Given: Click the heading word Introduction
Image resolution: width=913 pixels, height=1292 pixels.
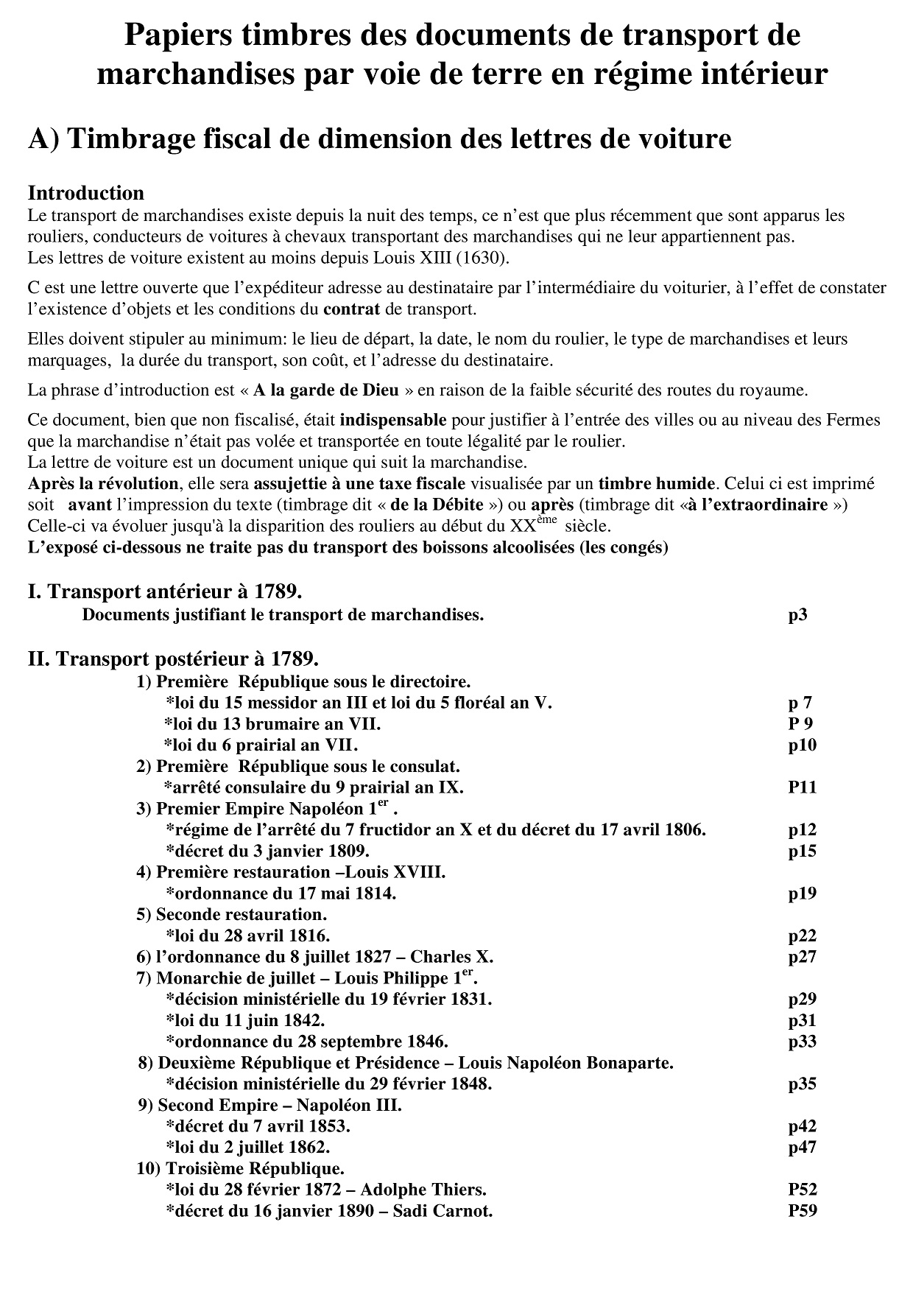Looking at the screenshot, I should pyautogui.click(x=85, y=193).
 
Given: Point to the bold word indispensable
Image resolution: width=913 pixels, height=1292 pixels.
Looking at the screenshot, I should pyautogui.click(x=393, y=421).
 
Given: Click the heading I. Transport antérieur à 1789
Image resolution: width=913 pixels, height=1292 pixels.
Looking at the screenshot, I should pyautogui.click(x=165, y=591).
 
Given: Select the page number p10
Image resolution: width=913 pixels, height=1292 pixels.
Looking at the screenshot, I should pyautogui.click(x=802, y=745).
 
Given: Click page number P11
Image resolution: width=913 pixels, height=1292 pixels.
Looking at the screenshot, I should pyautogui.click(x=802, y=787).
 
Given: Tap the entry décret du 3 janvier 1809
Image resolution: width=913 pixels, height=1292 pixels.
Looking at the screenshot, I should pyautogui.click(x=267, y=851).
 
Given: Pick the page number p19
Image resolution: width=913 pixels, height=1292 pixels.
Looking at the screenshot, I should pyautogui.click(x=802, y=893).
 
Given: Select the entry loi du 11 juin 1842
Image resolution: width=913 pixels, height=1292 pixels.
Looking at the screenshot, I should pyautogui.click(x=245, y=1020).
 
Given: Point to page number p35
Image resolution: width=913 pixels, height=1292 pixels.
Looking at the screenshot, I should pyautogui.click(x=802, y=1084).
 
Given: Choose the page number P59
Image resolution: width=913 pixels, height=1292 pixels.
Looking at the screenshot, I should pyautogui.click(x=802, y=1211).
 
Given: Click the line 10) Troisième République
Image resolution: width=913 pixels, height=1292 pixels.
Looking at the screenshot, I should pyautogui.click(x=241, y=1168).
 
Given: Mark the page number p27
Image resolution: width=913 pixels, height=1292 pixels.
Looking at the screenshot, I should pyautogui.click(x=802, y=957).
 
